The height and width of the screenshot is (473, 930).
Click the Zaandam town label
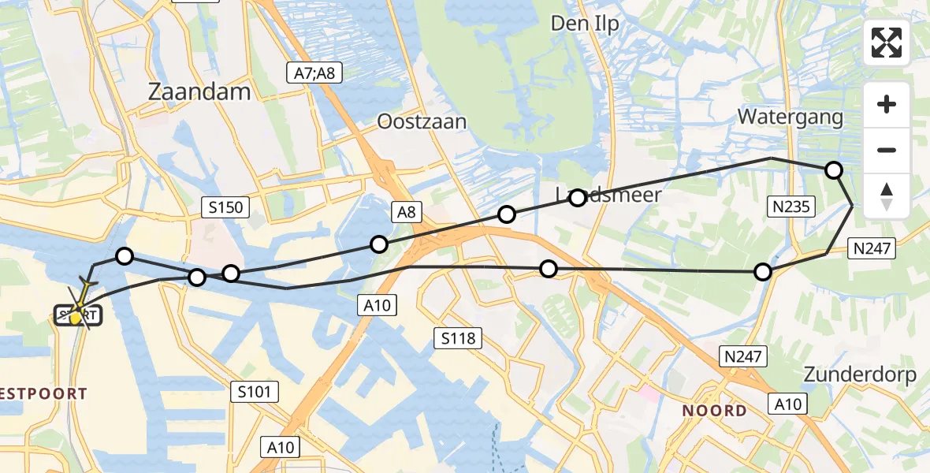pyautogui.click(x=199, y=91)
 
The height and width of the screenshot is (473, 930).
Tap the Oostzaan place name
pyautogui.click(x=422, y=121)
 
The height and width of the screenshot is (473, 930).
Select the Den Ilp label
pyautogui.click(x=584, y=24)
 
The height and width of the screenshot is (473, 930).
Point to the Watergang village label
pyautogui.click(x=790, y=117)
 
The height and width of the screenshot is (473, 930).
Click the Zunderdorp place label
pyautogui.click(x=860, y=374)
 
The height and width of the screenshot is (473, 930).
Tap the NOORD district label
pyautogui.click(x=714, y=411)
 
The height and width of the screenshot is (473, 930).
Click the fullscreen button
pyautogui.click(x=887, y=43)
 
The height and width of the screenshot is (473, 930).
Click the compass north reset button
pyautogui.click(x=887, y=196)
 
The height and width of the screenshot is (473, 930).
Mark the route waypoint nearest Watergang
pyautogui.click(x=833, y=169)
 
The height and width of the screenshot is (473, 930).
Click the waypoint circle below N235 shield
pyautogui.click(x=762, y=272)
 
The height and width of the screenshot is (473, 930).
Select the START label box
pyautogui.click(x=78, y=316)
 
